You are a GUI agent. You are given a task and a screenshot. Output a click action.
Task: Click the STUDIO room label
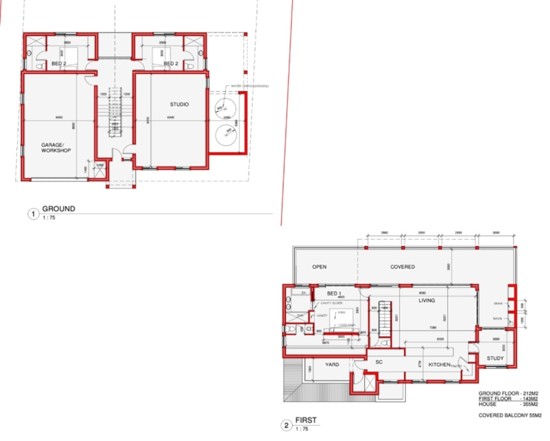[x=179, y=105]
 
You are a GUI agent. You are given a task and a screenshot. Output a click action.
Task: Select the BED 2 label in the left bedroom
[x=59, y=64]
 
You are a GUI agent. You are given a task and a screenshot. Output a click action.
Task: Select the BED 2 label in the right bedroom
[x=170, y=64]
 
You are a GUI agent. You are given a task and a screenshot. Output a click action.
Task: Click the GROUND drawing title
[x=59, y=209]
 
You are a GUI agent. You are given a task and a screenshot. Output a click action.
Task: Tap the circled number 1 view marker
[x=33, y=214]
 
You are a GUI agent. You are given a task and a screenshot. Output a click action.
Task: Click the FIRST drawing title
[x=306, y=421]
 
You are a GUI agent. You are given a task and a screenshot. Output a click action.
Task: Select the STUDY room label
[x=495, y=358]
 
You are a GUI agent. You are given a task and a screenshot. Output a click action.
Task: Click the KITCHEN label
[x=439, y=365]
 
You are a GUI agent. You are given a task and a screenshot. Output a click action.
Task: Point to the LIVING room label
[x=426, y=300]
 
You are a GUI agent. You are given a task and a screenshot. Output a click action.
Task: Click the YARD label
[x=332, y=365]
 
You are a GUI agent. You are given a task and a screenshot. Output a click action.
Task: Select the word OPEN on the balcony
[x=320, y=267]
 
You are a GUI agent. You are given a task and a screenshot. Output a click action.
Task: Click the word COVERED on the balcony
[x=403, y=267]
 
